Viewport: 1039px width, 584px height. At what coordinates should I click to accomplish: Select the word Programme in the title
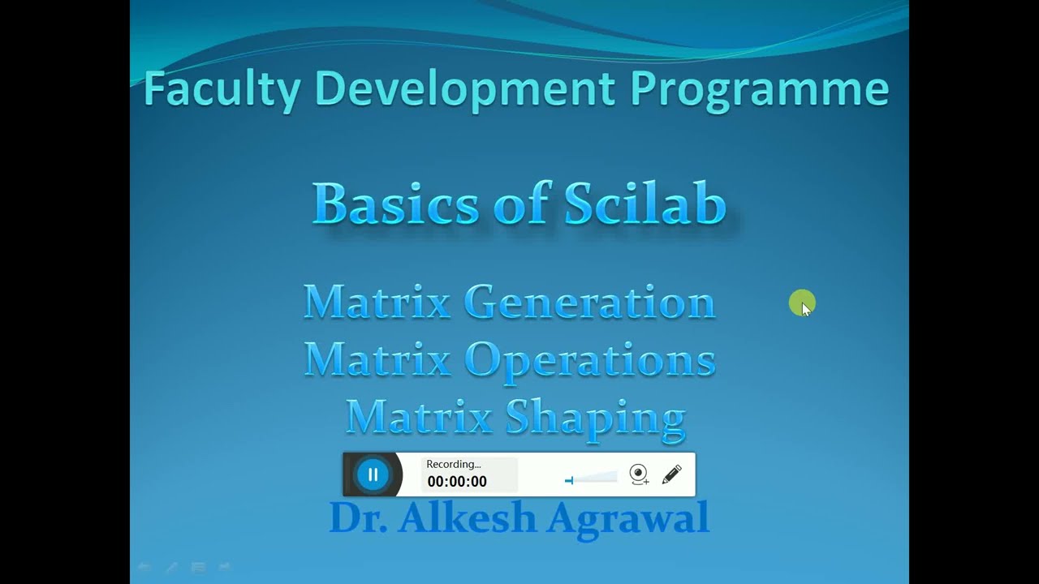(759, 89)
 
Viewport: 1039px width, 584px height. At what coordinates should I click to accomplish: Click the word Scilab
(645, 204)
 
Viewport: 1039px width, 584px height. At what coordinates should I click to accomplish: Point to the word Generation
(590, 302)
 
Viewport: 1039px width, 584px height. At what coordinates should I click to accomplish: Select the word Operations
(590, 359)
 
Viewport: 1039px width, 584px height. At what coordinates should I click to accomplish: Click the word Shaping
(596, 419)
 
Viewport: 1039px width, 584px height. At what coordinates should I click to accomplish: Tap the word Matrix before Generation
(377, 302)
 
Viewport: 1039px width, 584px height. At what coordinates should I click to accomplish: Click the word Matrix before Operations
(377, 359)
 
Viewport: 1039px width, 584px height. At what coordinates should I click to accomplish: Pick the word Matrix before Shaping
(419, 418)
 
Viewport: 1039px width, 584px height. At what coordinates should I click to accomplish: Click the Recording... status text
(454, 464)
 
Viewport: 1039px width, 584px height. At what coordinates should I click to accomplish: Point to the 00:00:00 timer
(457, 482)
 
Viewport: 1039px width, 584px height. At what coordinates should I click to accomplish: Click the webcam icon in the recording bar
(639, 474)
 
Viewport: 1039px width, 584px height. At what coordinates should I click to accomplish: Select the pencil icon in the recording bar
(671, 474)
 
